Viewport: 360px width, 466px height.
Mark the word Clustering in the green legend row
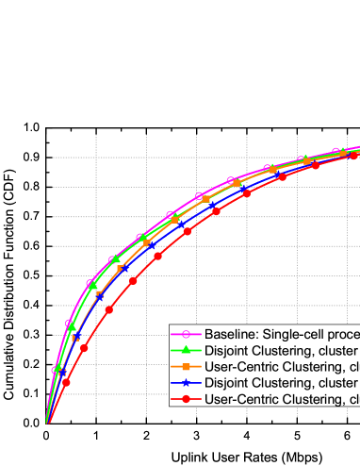click(x=287, y=350)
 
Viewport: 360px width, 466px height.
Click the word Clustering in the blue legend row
click(x=287, y=383)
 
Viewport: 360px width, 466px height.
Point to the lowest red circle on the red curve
click(x=66, y=382)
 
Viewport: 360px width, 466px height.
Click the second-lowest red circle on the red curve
click(x=84, y=348)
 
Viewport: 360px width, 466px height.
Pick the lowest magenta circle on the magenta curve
click(x=54, y=371)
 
